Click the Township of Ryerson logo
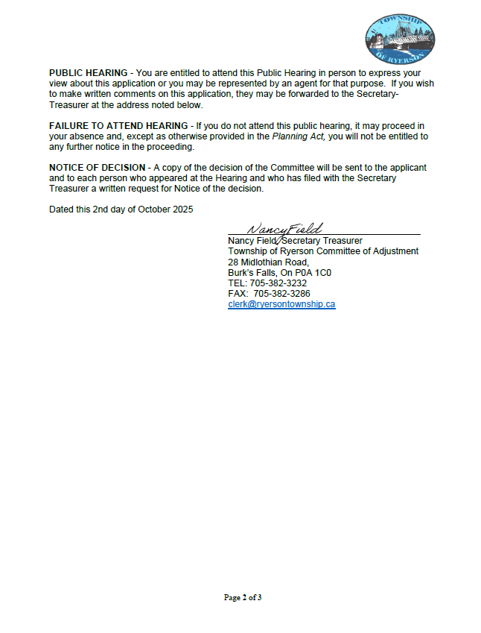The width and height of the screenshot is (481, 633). [x=400, y=37]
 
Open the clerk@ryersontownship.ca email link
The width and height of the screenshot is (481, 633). [x=281, y=305]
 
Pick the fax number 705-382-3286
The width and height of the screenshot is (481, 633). [x=280, y=294]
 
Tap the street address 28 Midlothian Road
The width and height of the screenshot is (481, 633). [x=268, y=262]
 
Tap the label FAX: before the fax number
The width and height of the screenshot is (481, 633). [x=238, y=294]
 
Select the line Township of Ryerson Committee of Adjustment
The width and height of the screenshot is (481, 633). [x=323, y=251]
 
